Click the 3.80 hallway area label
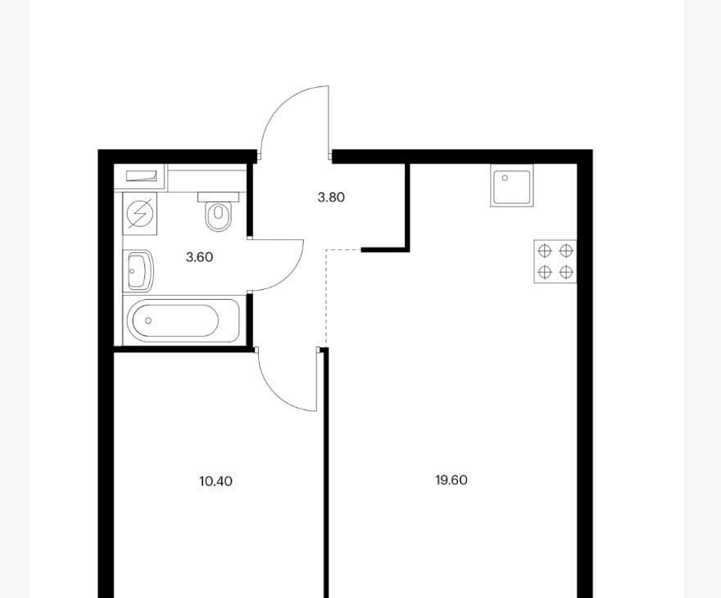point(331,197)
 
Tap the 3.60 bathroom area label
point(200,257)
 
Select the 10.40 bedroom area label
point(215,481)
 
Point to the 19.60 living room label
point(451,480)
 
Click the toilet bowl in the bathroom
point(218,215)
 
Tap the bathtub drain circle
point(148,320)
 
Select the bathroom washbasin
point(139,270)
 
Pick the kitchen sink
point(512,186)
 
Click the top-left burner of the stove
point(544,251)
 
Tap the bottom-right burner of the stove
point(566,272)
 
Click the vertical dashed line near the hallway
point(325,298)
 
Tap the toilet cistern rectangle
point(219,197)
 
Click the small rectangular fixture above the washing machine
point(142,176)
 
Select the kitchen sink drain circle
point(505,178)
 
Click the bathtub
point(184,320)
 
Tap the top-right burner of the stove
point(566,251)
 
